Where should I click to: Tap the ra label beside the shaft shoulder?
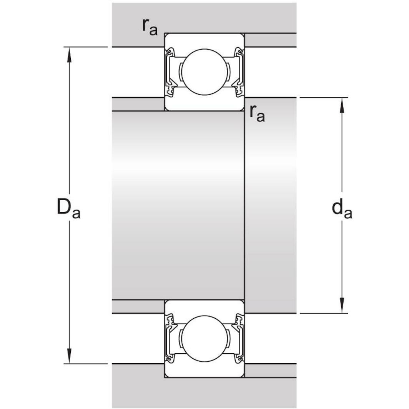(x=257, y=113)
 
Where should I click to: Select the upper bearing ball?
(x=204, y=71)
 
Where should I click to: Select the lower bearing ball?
(x=204, y=339)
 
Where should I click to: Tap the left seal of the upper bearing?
(x=170, y=71)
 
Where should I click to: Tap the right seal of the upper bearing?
(x=239, y=71)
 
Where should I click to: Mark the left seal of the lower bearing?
(x=170, y=339)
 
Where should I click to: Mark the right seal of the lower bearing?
(x=239, y=339)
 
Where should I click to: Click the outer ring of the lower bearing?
(x=204, y=371)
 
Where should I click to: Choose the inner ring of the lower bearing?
(x=204, y=307)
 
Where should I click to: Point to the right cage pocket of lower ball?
(x=228, y=339)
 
